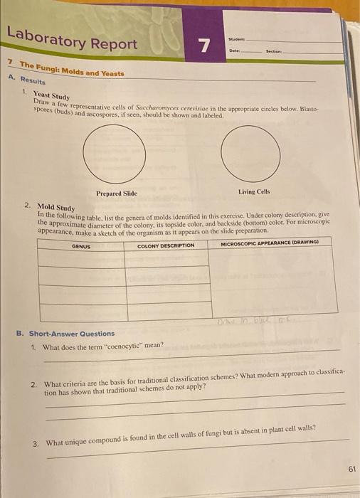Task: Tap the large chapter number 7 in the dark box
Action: coord(204,47)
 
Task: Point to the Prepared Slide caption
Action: coord(116,193)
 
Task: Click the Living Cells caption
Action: coord(254,191)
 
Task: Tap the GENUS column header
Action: coord(80,246)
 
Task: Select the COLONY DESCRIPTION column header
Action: coord(166,245)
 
